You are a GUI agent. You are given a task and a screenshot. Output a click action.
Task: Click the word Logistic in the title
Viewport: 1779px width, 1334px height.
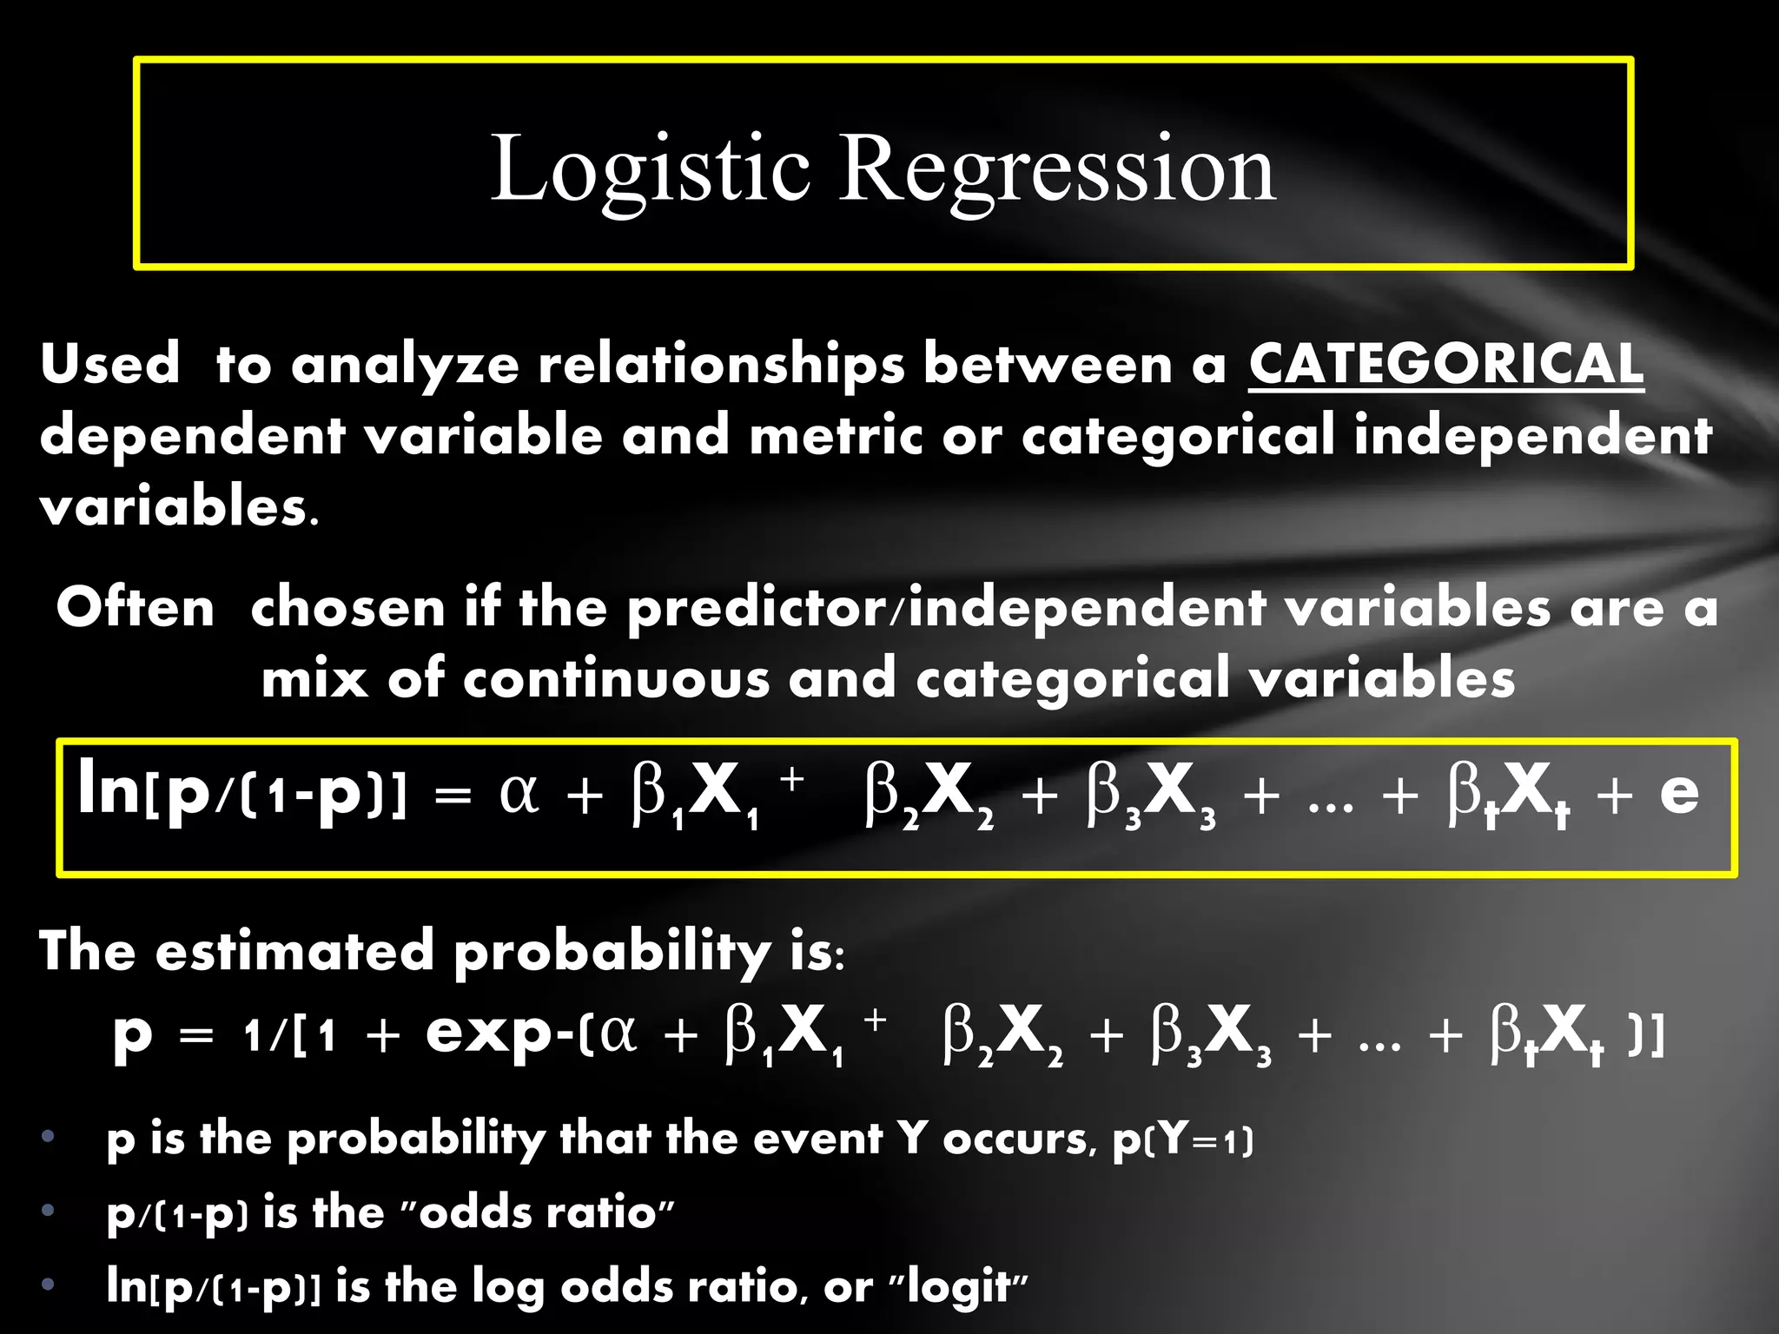pyautogui.click(x=650, y=168)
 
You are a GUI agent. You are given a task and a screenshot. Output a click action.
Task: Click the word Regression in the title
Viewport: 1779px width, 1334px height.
pyautogui.click(x=1056, y=168)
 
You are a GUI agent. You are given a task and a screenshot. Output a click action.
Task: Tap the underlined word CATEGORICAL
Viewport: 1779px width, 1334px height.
pyautogui.click(x=1445, y=364)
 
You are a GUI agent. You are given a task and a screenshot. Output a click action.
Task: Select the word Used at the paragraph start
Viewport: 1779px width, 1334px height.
pyautogui.click(x=109, y=364)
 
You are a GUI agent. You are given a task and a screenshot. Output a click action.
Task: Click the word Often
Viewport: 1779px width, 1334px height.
pyautogui.click(x=136, y=607)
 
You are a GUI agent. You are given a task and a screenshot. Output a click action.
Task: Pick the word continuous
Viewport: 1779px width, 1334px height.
pyautogui.click(x=616, y=678)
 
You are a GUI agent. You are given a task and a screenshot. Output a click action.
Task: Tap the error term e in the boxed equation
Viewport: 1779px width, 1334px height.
pyautogui.click(x=1678, y=792)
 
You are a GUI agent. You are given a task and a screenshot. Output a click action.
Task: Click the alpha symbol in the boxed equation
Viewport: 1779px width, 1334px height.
pyautogui.click(x=519, y=792)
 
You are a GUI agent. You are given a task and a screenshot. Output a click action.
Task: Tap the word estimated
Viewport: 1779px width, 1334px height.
pyautogui.click(x=294, y=950)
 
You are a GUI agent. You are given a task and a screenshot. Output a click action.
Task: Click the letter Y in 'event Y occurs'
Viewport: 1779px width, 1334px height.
pyautogui.click(x=913, y=1138)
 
